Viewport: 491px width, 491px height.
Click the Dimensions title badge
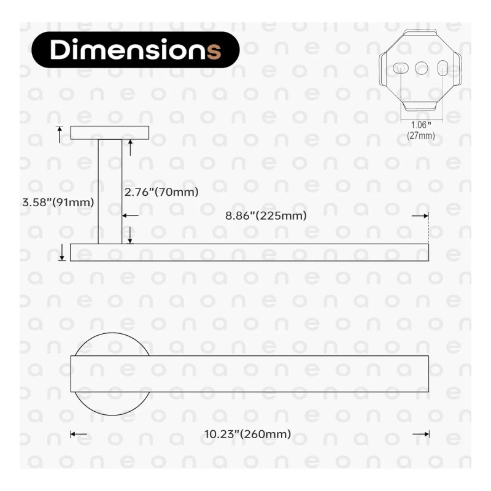pyautogui.click(x=136, y=50)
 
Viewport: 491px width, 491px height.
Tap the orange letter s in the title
pyautogui.click(x=214, y=51)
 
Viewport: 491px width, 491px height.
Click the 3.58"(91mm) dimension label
pyautogui.click(x=58, y=203)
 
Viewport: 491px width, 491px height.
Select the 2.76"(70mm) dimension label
pyautogui.click(x=161, y=192)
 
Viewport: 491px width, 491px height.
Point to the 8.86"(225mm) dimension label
pyautogui.click(x=266, y=216)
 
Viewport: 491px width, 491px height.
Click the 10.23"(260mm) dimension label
pyautogui.click(x=247, y=434)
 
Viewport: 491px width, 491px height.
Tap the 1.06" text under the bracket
pyautogui.click(x=421, y=125)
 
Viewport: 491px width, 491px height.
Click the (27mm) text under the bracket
pyautogui.click(x=421, y=136)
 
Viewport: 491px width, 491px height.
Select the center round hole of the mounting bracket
pyautogui.click(x=422, y=68)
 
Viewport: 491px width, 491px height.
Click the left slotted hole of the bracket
pyautogui.click(x=401, y=68)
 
